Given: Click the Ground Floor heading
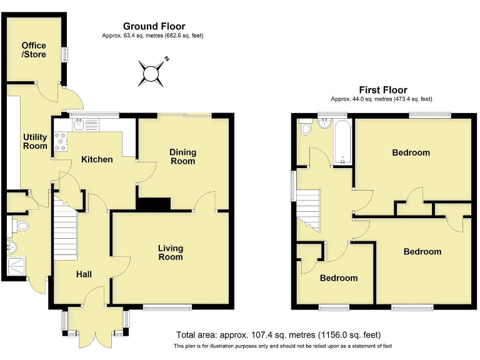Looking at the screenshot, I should click(154, 26).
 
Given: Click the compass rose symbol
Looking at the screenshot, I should click(151, 72).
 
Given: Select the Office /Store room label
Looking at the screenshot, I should click(34, 50).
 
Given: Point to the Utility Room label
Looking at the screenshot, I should click(35, 141).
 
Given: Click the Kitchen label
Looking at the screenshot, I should click(97, 159).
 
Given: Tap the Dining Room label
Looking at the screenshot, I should click(182, 156).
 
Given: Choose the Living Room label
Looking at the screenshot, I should click(170, 252).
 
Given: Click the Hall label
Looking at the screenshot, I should click(85, 274).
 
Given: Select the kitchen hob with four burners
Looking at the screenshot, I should click(61, 142).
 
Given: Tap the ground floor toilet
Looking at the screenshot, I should click(21, 226).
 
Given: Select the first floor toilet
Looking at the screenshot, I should click(306, 128).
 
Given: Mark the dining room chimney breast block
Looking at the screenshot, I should click(153, 204).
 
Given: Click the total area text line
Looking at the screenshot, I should click(278, 335).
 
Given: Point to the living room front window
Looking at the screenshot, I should click(167, 307).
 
